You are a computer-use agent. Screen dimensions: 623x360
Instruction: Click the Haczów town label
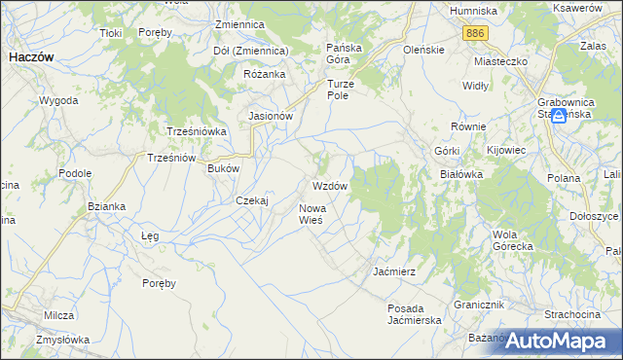(30, 57)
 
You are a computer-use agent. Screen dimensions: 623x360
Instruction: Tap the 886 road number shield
(476, 33)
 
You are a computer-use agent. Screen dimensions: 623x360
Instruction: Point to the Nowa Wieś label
(318, 214)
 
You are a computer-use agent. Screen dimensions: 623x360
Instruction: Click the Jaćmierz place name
(395, 271)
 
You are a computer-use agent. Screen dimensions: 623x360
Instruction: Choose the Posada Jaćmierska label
(414, 313)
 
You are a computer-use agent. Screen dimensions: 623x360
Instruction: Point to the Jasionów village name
(271, 116)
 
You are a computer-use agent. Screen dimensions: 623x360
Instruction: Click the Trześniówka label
(197, 131)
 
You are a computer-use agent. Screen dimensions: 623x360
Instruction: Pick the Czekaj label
(252, 200)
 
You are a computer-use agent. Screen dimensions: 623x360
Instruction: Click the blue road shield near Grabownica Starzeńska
(559, 117)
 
